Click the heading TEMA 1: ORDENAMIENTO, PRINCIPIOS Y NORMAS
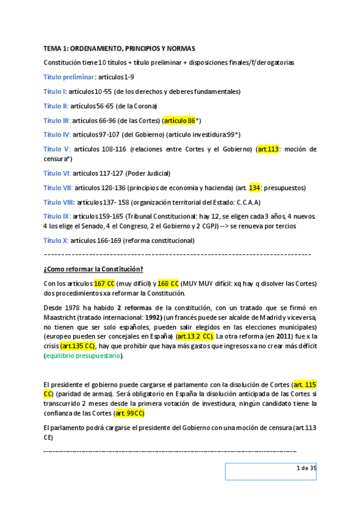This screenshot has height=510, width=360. click(x=124, y=48)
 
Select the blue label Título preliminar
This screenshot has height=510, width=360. click(x=69, y=77)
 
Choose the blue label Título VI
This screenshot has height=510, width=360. click(x=56, y=173)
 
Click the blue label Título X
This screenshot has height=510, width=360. click(x=55, y=241)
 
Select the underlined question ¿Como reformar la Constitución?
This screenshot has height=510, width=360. click(x=93, y=269)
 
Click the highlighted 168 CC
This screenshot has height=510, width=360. click(x=168, y=283)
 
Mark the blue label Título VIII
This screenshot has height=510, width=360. click(x=58, y=202)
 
